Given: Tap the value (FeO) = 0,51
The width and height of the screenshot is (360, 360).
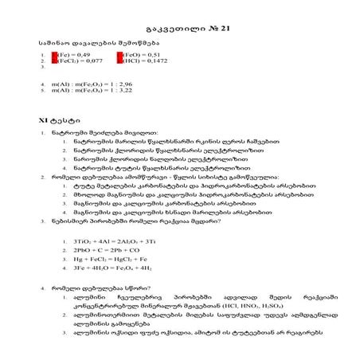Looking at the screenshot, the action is pyautogui.click(x=136, y=53).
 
